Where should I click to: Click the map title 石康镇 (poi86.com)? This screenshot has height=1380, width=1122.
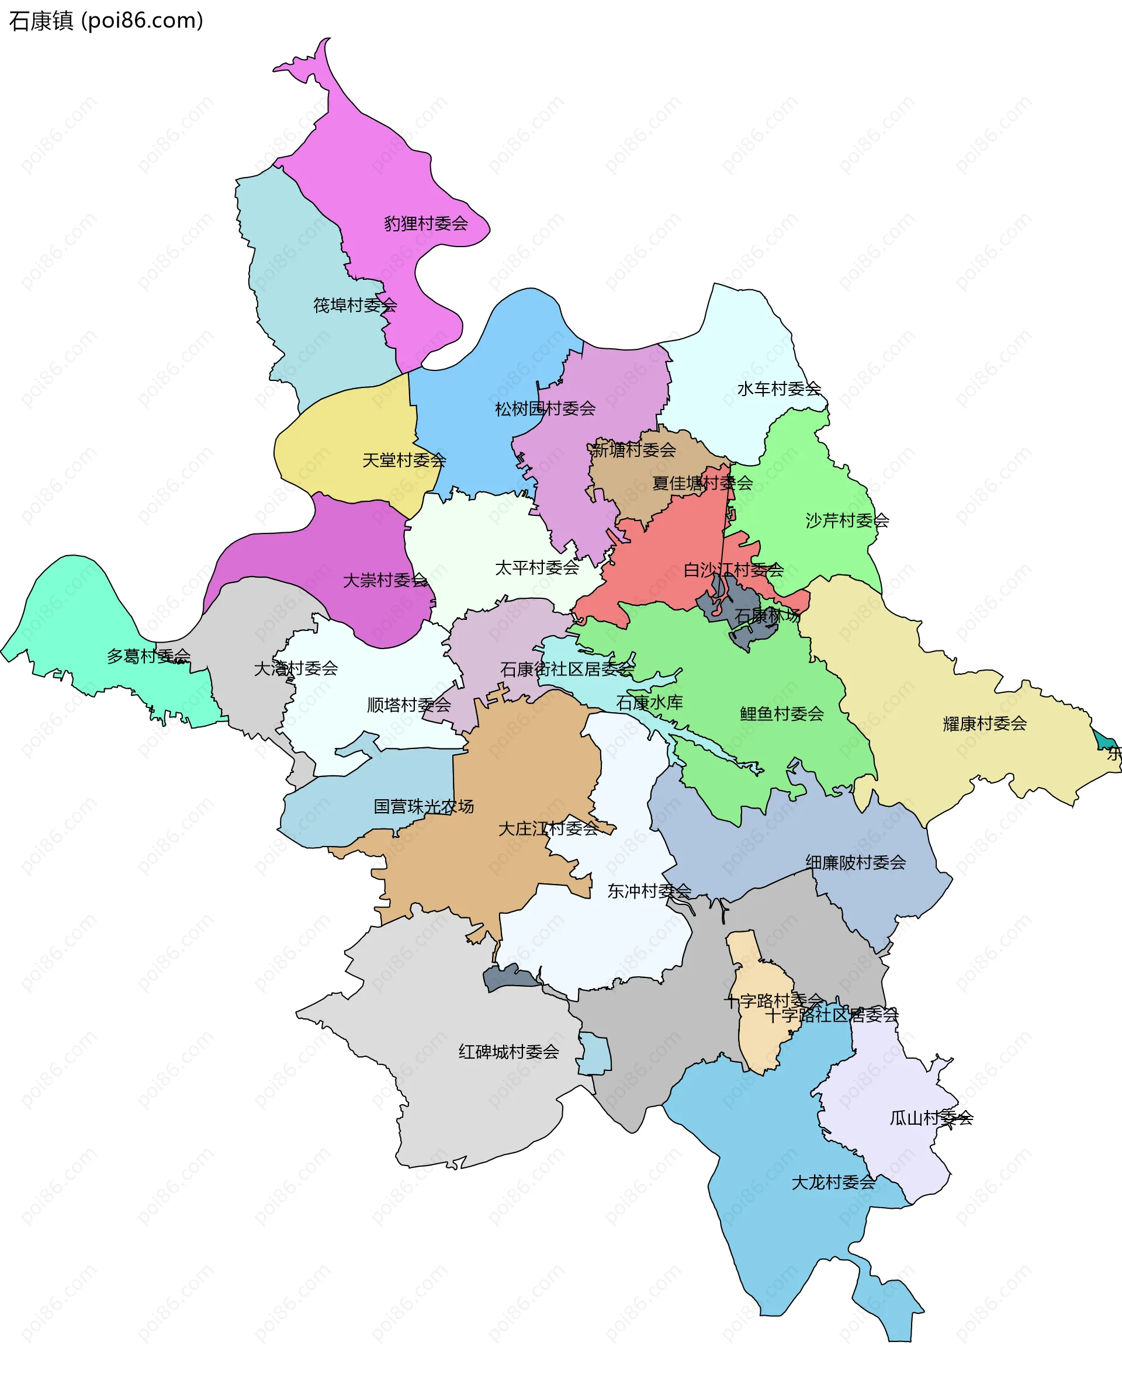coord(106,21)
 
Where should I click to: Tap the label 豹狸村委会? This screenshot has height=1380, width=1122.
coord(425,224)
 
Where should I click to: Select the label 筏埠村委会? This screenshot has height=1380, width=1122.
coord(355,305)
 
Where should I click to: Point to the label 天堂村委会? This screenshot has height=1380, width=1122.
coord(404,460)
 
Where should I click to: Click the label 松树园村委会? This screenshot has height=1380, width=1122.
coord(545,408)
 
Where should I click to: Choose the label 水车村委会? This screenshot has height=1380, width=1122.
coord(779,389)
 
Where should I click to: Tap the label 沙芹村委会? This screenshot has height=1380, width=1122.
coord(847,520)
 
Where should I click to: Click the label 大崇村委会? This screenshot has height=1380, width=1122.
coord(385,580)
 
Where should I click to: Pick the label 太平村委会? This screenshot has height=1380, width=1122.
coord(536,567)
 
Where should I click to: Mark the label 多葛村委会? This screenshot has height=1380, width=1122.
coord(148,656)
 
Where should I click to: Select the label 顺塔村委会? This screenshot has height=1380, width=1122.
coord(408,704)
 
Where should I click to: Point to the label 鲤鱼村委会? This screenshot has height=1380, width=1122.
coord(781,713)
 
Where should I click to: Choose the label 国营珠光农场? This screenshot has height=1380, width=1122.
coord(423,806)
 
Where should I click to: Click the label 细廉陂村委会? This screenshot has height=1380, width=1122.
coord(855,862)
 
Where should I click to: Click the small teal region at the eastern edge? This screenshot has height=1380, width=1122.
coord(1104,740)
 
